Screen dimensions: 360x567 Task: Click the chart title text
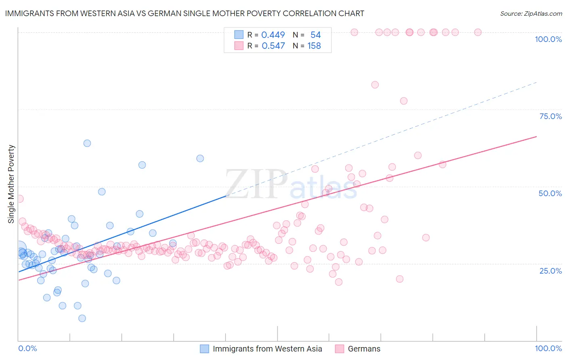[x=185, y=13]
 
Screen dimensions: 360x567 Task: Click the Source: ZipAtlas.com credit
[x=531, y=13]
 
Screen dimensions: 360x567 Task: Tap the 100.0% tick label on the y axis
[x=548, y=39]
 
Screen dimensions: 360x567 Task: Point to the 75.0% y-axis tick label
[x=550, y=116]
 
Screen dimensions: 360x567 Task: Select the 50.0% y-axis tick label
[x=550, y=193]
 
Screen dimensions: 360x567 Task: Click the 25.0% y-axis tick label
[x=550, y=270]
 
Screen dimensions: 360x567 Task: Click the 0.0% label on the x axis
[x=27, y=348]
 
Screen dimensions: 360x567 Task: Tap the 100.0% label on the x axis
[x=548, y=348]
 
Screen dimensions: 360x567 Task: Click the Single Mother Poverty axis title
[x=11, y=184]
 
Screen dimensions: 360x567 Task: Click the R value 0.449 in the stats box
[x=273, y=35]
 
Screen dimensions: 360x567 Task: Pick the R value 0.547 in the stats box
[x=273, y=46]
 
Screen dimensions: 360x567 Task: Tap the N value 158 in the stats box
[x=314, y=46]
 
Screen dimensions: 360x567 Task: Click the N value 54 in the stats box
[x=315, y=35]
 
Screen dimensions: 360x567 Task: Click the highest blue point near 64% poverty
[x=87, y=143]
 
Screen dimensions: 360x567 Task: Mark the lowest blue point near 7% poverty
[x=82, y=318]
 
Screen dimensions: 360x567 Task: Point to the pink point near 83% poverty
[x=375, y=85]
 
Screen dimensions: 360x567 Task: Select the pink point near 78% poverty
[x=404, y=101]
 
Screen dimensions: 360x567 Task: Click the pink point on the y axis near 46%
[x=19, y=199]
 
